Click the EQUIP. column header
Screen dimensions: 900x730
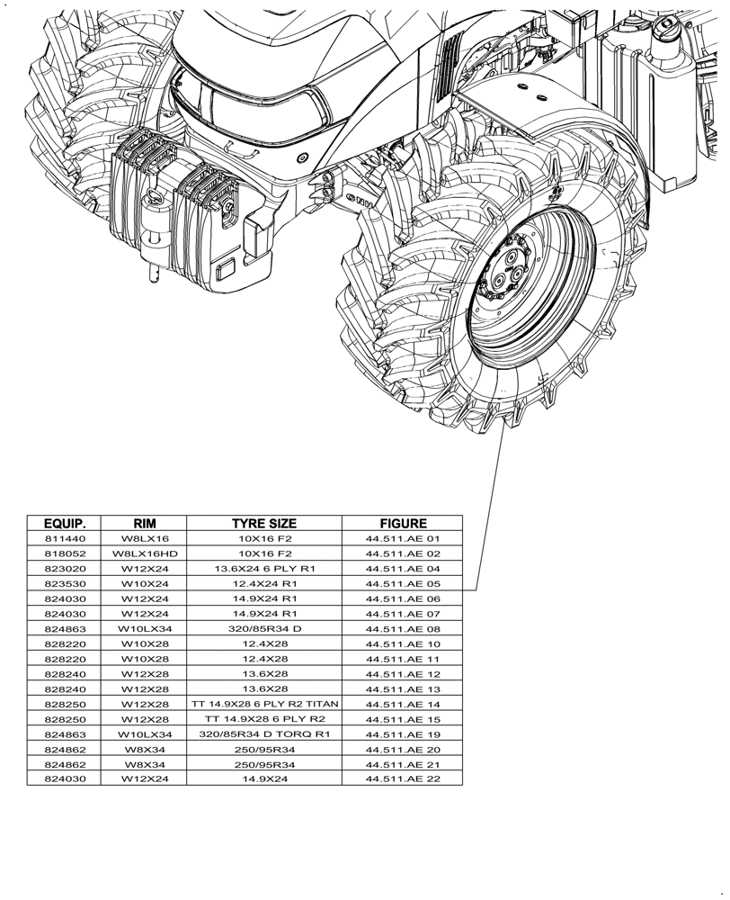[x=65, y=523]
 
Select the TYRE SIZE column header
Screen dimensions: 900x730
[x=264, y=523]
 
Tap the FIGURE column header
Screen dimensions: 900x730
[x=402, y=523]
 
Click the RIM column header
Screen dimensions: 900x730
[x=145, y=523]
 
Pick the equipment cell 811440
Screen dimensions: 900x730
[x=65, y=538]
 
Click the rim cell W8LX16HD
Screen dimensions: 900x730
[x=145, y=553]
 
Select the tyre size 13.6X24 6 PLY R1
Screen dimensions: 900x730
[x=264, y=569]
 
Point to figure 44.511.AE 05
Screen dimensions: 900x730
[x=402, y=583]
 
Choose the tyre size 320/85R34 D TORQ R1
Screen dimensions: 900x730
[x=264, y=734]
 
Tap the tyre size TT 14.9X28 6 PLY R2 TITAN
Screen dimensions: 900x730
[x=264, y=704]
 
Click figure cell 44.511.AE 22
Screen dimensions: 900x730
[x=402, y=779]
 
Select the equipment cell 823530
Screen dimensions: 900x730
[x=65, y=583]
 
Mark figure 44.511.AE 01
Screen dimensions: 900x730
[x=402, y=538]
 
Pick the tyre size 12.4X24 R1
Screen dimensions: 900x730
[x=264, y=583]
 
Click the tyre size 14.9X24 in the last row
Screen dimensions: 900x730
[x=264, y=779]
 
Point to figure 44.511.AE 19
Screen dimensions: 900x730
[x=402, y=734]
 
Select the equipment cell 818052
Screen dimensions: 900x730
[x=65, y=553]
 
